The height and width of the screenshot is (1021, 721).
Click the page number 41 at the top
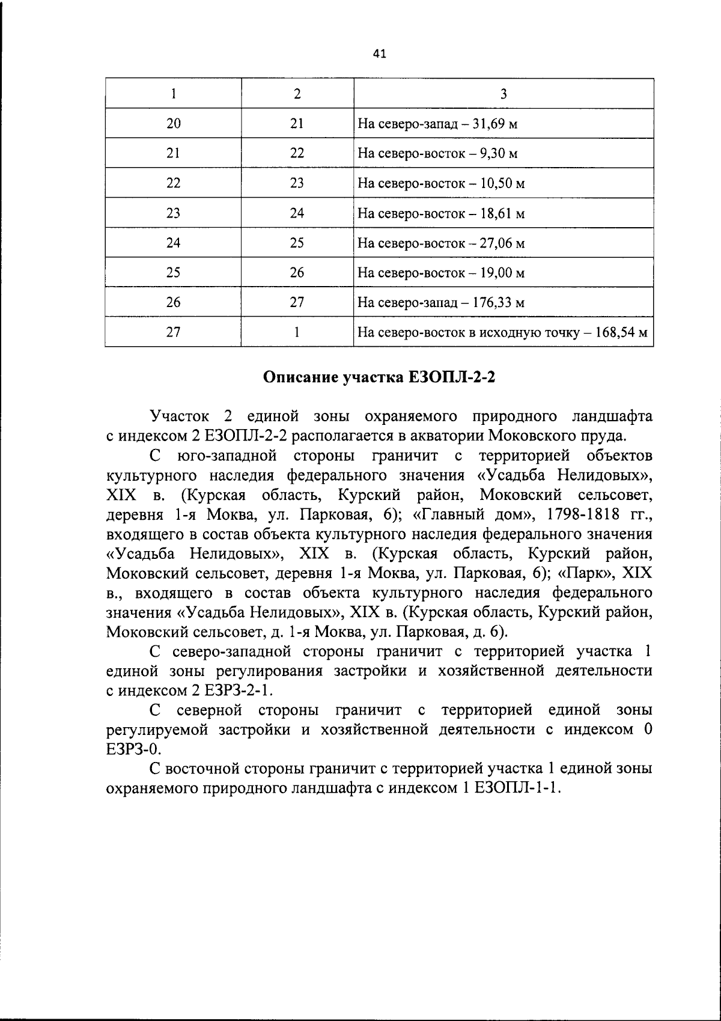(379, 54)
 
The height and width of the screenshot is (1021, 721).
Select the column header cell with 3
(503, 94)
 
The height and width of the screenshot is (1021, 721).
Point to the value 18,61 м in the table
(503, 213)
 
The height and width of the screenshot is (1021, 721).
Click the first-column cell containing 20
(173, 124)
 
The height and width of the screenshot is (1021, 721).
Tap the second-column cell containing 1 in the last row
(297, 332)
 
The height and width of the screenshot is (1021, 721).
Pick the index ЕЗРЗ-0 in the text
(133, 749)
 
